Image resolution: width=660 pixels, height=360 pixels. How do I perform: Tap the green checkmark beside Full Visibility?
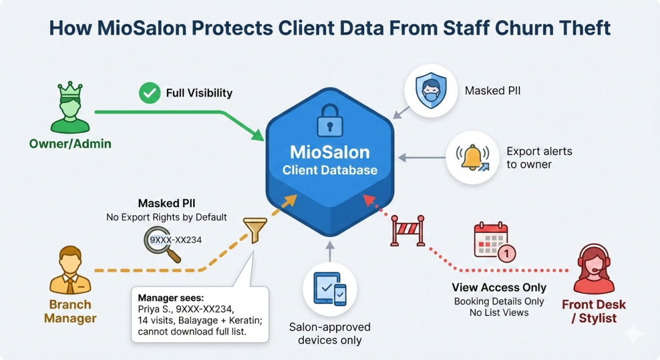click(149, 93)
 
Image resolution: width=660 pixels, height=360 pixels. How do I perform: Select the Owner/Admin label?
click(70, 144)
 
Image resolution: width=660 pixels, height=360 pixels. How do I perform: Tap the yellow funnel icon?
click(255, 230)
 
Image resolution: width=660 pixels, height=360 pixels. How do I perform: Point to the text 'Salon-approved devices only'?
click(330, 333)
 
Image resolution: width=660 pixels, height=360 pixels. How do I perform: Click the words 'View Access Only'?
click(499, 287)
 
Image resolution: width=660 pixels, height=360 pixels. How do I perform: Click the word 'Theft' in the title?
click(581, 29)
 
